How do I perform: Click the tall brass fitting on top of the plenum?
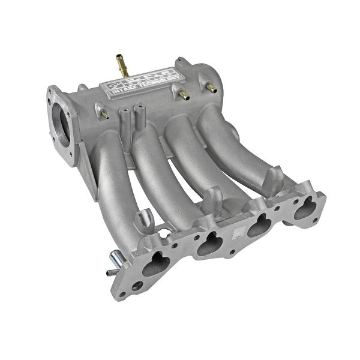click(121, 62)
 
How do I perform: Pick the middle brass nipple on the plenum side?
click(183, 95)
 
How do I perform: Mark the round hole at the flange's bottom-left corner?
click(137, 286)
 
